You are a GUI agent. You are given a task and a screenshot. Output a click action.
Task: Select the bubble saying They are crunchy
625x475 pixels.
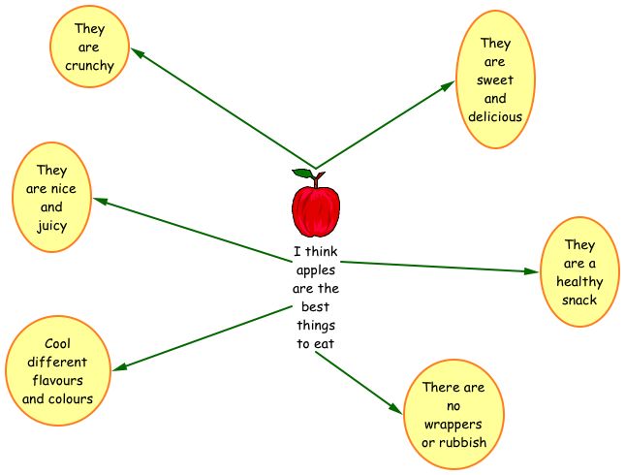(x=90, y=47)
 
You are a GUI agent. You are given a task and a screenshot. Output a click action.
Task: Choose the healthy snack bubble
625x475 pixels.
(x=579, y=272)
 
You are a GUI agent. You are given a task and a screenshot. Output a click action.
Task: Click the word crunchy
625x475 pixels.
(x=90, y=66)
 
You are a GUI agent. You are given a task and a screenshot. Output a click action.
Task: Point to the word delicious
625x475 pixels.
(x=495, y=116)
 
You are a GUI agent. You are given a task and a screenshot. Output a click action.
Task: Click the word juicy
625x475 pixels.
(x=52, y=226)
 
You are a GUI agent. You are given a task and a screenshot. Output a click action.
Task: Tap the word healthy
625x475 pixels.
(x=579, y=282)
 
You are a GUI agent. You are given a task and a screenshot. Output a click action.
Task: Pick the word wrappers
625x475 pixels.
(x=453, y=425)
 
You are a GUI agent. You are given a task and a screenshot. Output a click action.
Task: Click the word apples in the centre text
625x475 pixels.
(x=315, y=270)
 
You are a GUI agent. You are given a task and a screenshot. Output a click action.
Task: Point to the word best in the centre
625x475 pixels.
(x=315, y=306)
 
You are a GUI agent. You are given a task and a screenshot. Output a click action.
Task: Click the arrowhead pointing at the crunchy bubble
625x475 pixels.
(x=138, y=54)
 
